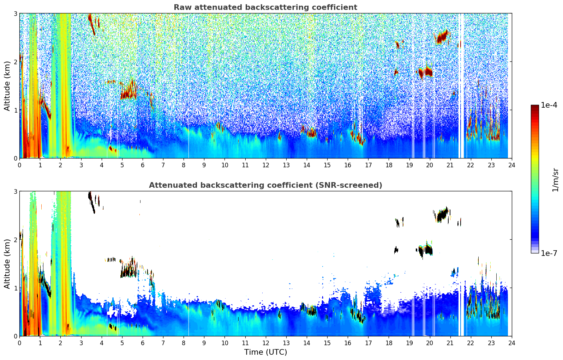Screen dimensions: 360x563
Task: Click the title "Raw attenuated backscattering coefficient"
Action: (x=265, y=7)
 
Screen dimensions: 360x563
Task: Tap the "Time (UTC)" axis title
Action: (x=265, y=352)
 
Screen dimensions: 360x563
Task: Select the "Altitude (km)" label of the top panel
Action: (x=7, y=86)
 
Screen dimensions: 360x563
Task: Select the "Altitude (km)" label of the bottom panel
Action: (x=7, y=264)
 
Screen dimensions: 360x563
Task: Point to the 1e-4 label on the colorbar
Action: (x=549, y=105)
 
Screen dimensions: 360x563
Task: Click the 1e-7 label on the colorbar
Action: (x=549, y=253)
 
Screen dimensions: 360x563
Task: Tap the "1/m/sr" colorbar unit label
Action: (x=555, y=180)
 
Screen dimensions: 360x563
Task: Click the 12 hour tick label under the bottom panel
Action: (x=265, y=343)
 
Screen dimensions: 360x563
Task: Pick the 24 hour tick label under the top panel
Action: (x=511, y=165)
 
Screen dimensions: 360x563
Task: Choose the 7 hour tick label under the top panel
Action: (x=163, y=165)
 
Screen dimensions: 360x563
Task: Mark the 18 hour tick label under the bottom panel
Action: (x=389, y=343)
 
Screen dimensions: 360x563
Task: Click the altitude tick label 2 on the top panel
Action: (x=15, y=62)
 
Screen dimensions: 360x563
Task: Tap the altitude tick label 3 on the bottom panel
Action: (x=15, y=192)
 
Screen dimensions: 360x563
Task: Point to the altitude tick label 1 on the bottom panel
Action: (x=15, y=288)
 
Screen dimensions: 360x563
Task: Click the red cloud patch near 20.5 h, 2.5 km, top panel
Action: (x=442, y=37)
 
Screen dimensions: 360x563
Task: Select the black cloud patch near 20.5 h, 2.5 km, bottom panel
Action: (x=442, y=215)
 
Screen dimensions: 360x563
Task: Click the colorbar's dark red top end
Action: (x=535, y=107)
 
